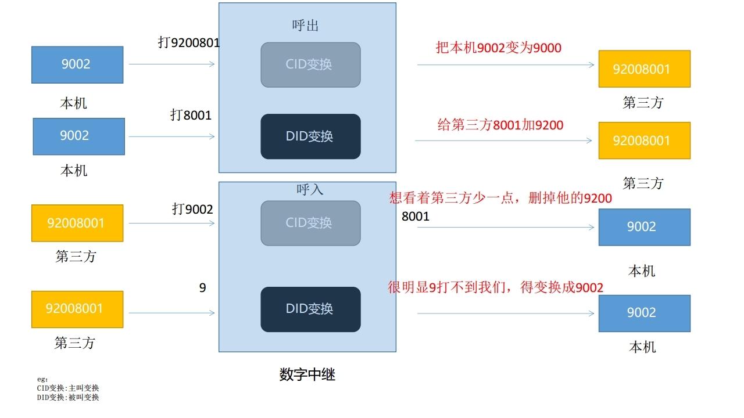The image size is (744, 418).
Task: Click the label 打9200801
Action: tap(189, 42)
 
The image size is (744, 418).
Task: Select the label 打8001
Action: tap(191, 115)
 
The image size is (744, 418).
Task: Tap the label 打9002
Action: tap(192, 209)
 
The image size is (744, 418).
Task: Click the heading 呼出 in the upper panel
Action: tap(305, 26)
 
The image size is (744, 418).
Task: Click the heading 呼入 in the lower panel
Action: tap(310, 189)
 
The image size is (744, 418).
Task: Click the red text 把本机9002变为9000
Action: tap(499, 48)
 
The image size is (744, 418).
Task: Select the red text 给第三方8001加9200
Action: tap(500, 124)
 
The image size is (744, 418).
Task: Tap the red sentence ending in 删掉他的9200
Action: tap(500, 199)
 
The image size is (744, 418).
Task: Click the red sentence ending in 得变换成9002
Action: tap(495, 287)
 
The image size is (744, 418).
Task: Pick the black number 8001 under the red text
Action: tap(415, 217)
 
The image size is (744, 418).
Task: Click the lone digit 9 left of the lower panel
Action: tap(202, 287)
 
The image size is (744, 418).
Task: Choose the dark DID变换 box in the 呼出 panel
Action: tap(310, 136)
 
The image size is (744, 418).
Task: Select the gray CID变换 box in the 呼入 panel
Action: tap(310, 223)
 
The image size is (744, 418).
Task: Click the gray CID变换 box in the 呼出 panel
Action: tap(310, 64)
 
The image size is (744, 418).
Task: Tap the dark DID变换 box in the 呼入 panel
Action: tap(310, 309)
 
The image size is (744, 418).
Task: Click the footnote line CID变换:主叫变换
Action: tap(68, 388)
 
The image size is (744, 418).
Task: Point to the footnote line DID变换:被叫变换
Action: tap(68, 397)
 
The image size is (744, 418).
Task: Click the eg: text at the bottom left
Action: tap(42, 379)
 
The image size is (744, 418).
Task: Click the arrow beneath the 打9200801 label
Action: tap(171, 64)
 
